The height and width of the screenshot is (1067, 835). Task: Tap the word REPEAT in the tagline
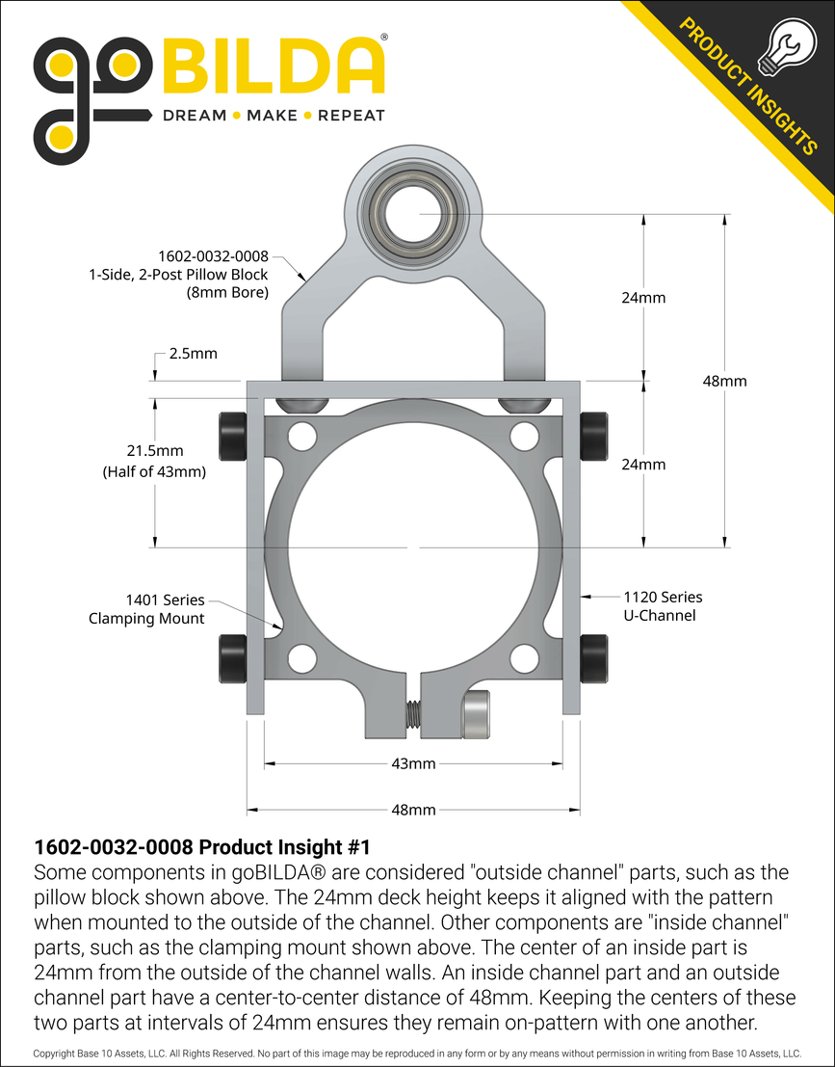pos(351,116)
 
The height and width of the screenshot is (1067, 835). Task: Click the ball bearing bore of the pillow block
pos(414,211)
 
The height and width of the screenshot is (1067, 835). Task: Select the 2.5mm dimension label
pos(193,354)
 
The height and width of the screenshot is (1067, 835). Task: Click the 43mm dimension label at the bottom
pos(414,763)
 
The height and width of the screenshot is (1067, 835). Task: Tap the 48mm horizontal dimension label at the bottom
pos(414,810)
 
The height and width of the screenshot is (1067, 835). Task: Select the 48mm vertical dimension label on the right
pos(724,381)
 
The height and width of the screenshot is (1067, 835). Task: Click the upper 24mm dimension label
pos(643,298)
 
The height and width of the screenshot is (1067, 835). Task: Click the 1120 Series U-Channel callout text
pos(663,606)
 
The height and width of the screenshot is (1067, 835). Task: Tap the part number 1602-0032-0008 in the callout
pos(213,257)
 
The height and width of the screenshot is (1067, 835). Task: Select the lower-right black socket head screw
pos(594,656)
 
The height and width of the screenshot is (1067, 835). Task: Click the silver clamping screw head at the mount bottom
pos(477,715)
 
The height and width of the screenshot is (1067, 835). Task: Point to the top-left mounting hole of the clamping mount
pos(302,436)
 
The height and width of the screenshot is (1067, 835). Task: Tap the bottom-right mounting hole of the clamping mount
pos(524,658)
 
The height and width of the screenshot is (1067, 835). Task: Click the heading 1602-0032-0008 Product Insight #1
pos(201,847)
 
